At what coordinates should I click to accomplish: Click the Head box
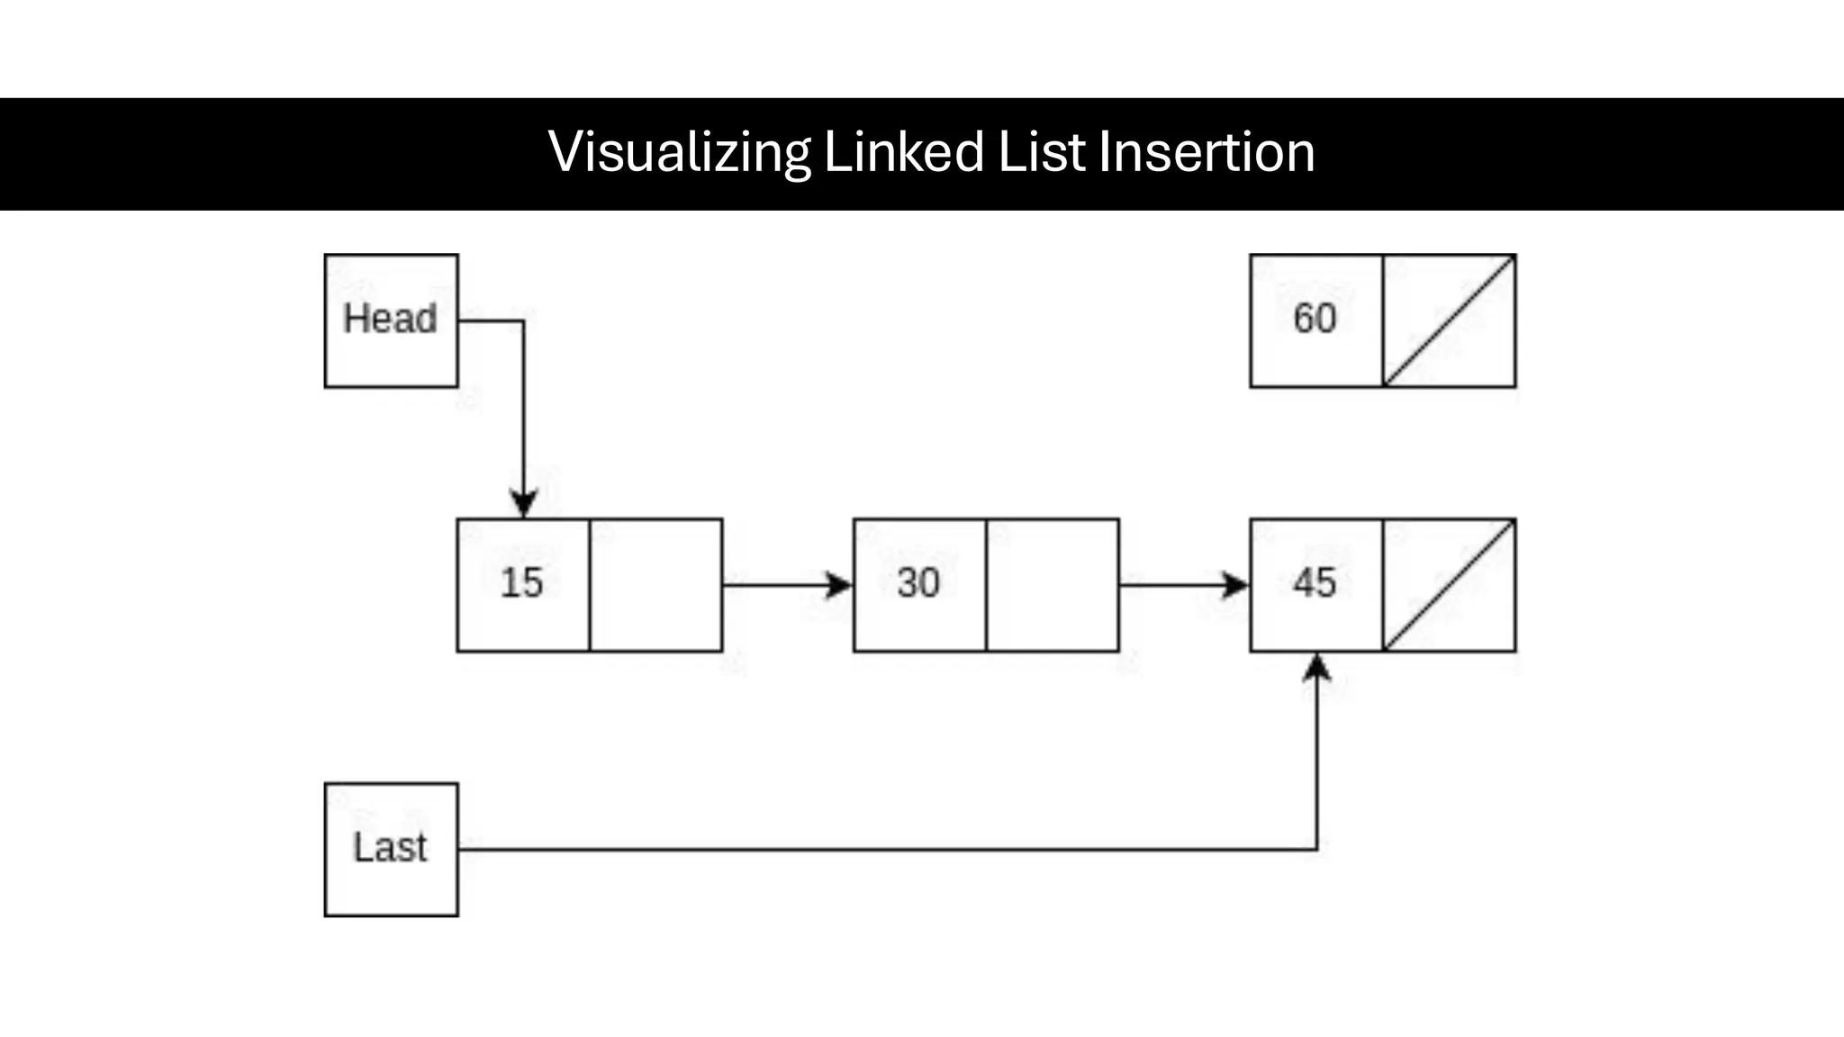[x=391, y=320]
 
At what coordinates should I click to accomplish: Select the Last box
[x=391, y=849]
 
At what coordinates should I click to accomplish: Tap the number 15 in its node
[x=522, y=583]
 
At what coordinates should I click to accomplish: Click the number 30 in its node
[x=918, y=583]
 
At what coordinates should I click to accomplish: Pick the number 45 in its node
[x=1315, y=583]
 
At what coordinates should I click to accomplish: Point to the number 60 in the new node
[x=1315, y=319]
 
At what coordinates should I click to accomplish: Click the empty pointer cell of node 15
[x=655, y=585]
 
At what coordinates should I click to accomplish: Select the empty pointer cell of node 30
[x=1053, y=585]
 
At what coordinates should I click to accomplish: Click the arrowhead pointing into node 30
[x=839, y=585]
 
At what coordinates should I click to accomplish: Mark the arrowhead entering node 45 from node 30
[x=1235, y=585]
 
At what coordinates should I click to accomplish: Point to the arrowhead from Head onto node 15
[x=523, y=503]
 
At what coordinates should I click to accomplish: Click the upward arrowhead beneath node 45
[x=1317, y=667]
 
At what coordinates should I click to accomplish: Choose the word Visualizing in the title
[x=679, y=152]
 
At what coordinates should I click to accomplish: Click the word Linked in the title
[x=904, y=152]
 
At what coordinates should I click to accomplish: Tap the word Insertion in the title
[x=1207, y=152]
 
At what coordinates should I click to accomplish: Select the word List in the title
[x=1042, y=152]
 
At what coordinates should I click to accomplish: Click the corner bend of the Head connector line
[x=523, y=320]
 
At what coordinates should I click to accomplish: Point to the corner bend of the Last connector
[x=1317, y=849]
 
